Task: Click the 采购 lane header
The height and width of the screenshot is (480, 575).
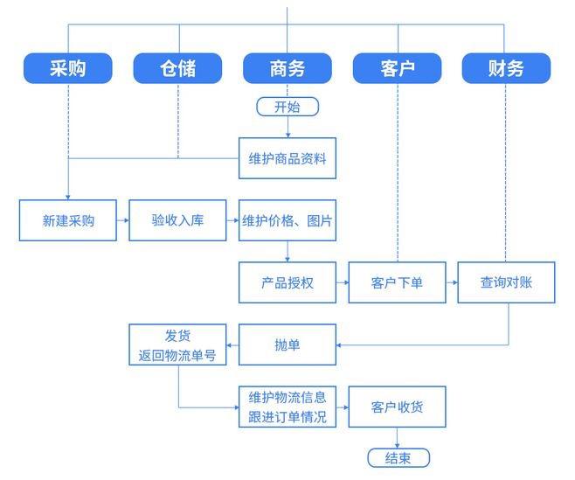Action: [x=68, y=68]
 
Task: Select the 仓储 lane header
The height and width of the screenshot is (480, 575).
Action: [x=177, y=68]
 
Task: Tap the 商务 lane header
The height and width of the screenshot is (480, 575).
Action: [x=287, y=68]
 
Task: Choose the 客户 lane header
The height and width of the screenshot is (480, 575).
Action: [x=398, y=68]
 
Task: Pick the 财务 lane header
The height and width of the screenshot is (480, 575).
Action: [x=507, y=68]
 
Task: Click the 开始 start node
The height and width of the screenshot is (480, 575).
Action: [x=287, y=108]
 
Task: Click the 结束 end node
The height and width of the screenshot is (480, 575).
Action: [x=398, y=458]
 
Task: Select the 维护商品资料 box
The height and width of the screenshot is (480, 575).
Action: [x=287, y=158]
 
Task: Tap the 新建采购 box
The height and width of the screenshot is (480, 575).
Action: [x=68, y=220]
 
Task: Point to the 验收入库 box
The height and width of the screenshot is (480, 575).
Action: [x=177, y=220]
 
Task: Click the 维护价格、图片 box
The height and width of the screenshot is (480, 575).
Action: [x=287, y=220]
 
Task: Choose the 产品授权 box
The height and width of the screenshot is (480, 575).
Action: [x=287, y=283]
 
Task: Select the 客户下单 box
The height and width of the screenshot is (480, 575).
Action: [x=398, y=283]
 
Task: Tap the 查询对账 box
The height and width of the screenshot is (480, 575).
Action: [x=507, y=283]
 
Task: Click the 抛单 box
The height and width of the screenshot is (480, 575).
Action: [x=287, y=345]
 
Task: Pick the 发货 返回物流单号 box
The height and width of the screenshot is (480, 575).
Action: [x=177, y=345]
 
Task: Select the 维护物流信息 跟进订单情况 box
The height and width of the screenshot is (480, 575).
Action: [x=287, y=407]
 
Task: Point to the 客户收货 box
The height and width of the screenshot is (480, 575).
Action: [x=398, y=407]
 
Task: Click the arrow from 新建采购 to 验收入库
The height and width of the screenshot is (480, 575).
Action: [x=123, y=220]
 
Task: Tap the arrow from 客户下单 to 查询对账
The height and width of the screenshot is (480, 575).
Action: [x=452, y=283]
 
